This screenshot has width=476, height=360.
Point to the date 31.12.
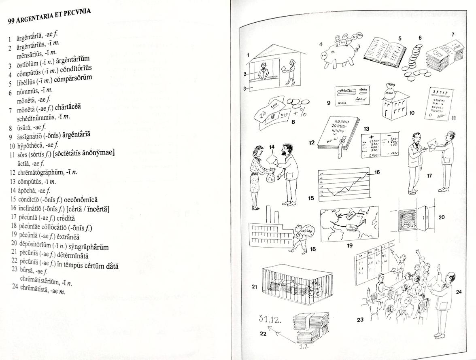[270, 319]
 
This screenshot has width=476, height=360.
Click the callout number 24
[459, 292]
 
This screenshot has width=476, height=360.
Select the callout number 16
[377, 172]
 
